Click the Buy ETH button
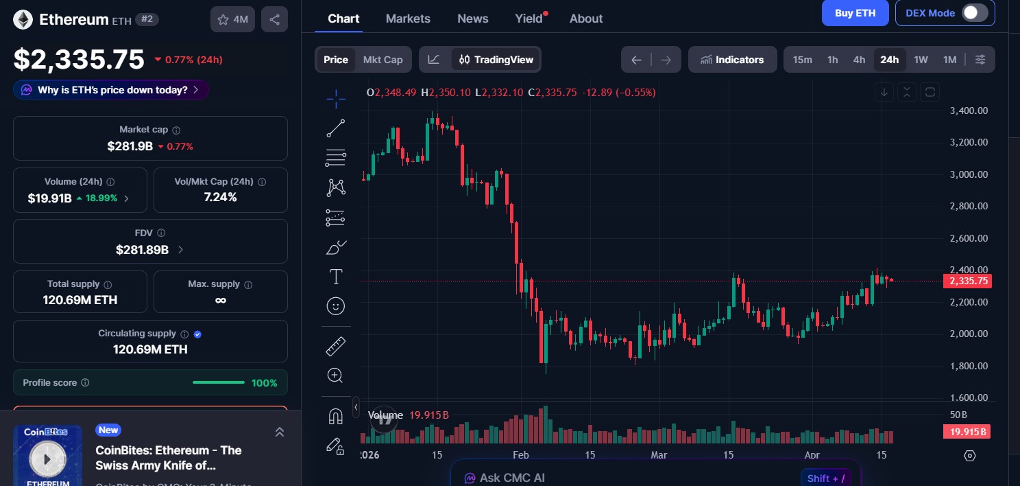(x=855, y=13)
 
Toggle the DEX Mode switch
(x=975, y=13)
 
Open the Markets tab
(x=408, y=19)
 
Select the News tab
(x=473, y=19)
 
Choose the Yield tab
(x=529, y=19)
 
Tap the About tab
(x=586, y=19)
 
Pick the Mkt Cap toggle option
(x=382, y=60)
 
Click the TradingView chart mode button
(x=496, y=60)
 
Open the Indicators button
(x=732, y=60)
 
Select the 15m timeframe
(x=802, y=60)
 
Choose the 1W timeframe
(x=921, y=60)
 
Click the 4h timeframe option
(x=859, y=60)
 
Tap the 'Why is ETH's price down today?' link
(x=112, y=90)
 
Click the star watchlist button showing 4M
(x=232, y=20)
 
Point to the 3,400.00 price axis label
(x=969, y=111)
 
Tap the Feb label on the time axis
(x=520, y=455)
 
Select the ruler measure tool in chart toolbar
(x=336, y=347)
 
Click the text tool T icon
(x=336, y=277)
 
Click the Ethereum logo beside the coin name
(x=23, y=20)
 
